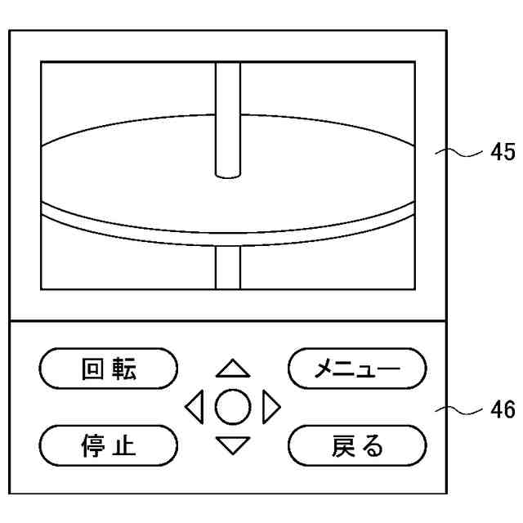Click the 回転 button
click(109, 369)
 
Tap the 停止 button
click(109, 445)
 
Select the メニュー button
click(357, 369)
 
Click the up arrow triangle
click(233, 369)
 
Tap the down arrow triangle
click(233, 445)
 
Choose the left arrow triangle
click(194, 407)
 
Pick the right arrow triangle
click(271, 407)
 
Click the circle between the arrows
click(233, 407)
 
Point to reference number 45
click(502, 152)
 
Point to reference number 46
click(502, 409)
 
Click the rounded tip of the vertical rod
click(228, 172)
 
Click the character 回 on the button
click(93, 369)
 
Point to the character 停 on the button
click(93, 445)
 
